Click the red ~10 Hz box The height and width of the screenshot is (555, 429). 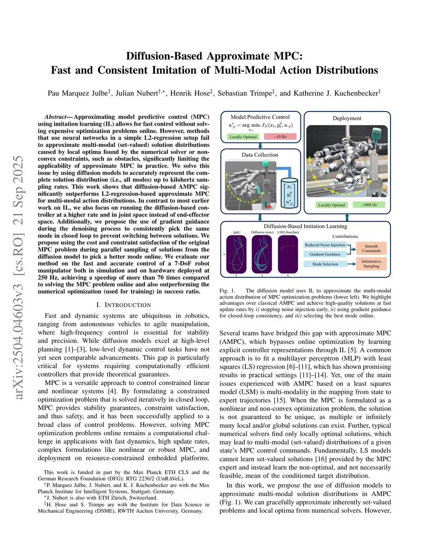click(x=280, y=137)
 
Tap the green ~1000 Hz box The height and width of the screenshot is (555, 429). click(x=369, y=205)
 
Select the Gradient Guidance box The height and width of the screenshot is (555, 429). click(x=325, y=254)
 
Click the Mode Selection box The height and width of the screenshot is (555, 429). click(x=325, y=264)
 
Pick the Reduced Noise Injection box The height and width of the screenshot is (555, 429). click(x=325, y=245)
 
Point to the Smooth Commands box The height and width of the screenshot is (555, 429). click(x=371, y=248)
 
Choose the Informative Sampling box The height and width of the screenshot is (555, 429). click(x=371, y=263)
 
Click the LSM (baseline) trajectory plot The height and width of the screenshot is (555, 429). click(x=288, y=254)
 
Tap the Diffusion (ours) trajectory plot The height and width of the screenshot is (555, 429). click(x=262, y=254)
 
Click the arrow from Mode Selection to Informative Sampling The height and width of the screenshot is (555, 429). click(x=351, y=264)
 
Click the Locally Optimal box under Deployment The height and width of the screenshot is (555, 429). click(x=332, y=205)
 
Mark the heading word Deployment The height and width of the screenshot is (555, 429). click(x=347, y=118)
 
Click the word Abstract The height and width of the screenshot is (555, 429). click(x=55, y=117)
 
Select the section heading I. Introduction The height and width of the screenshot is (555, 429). click(x=123, y=305)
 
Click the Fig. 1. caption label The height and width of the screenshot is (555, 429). click(x=227, y=290)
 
